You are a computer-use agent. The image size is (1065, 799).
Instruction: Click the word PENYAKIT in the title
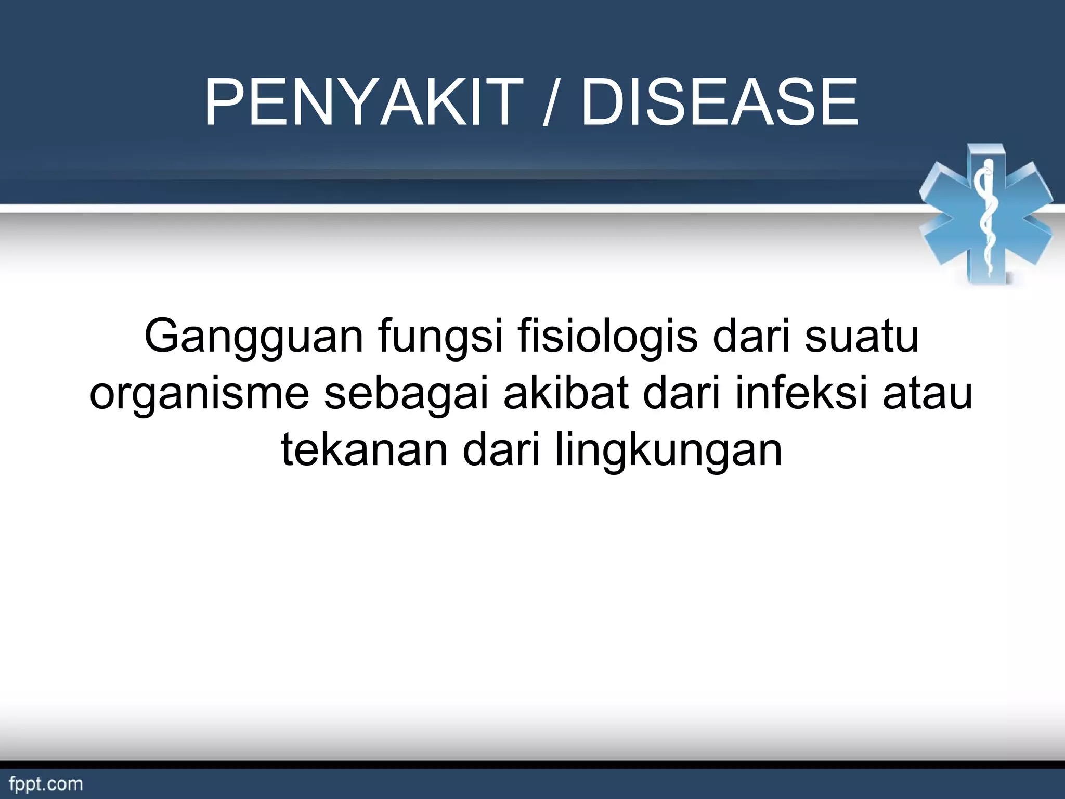(364, 102)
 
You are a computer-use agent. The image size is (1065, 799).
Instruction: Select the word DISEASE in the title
(720, 102)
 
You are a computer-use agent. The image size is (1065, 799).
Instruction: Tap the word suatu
(862, 337)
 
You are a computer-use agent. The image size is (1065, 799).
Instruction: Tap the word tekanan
(365, 450)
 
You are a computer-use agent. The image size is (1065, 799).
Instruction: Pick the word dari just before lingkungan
(501, 450)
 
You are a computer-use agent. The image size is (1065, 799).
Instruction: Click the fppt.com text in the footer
(46, 784)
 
